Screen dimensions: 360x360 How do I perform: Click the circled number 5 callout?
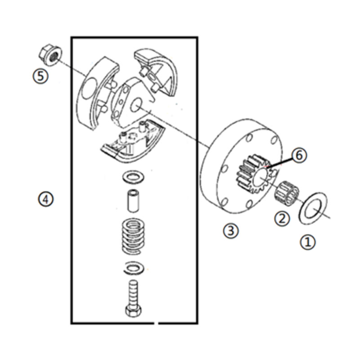pos(40,76)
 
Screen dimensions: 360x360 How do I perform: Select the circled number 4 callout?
pos(45,199)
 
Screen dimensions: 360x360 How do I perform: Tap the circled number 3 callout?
pos(231,230)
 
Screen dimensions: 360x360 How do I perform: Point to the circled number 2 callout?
pos(282,218)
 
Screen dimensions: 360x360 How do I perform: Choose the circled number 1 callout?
pos(308,242)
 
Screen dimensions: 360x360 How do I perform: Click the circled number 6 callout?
pos(299,155)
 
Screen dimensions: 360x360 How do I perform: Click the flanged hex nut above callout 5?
pos(50,54)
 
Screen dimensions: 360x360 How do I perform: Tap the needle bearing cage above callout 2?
pos(287,193)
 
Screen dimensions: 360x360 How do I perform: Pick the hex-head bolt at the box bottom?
pos(134,298)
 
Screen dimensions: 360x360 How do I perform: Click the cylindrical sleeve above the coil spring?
pos(134,200)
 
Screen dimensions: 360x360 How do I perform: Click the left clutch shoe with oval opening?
pos(96,92)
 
